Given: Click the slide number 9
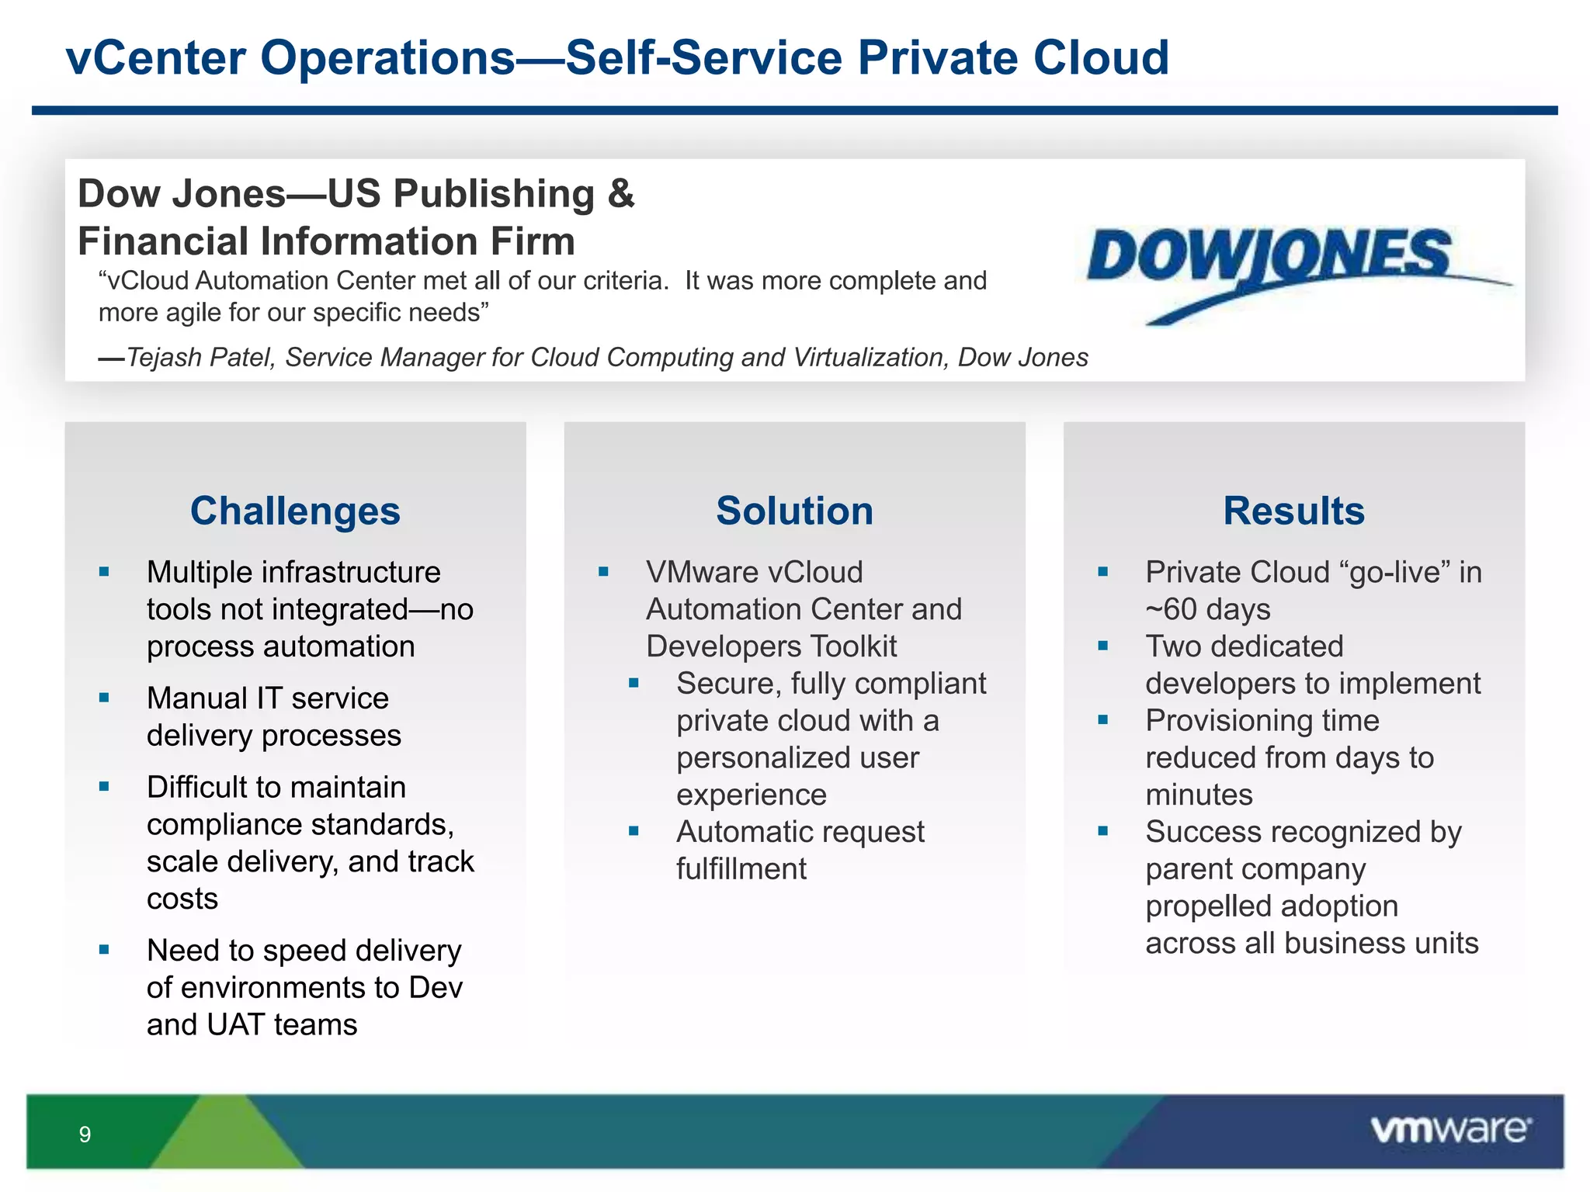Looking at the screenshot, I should tap(85, 1135).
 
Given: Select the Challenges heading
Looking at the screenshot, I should tap(295, 511).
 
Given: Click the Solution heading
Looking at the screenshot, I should tap(794, 511).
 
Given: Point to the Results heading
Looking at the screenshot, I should tap(1293, 511).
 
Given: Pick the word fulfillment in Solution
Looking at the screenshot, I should tap(741, 869).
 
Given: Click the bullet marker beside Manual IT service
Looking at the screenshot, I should tap(104, 698).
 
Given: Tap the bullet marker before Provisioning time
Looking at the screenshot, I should tap(1102, 719).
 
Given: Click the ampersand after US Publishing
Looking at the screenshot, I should tap(621, 193).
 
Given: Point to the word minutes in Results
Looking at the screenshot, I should tap(1199, 795).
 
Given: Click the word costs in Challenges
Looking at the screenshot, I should tap(182, 899).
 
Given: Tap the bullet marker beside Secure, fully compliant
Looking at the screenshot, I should tap(634, 683).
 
